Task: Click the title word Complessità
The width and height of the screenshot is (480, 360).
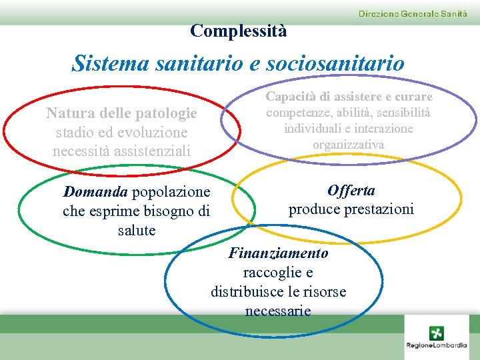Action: point(238,31)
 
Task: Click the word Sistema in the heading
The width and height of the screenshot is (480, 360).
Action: point(111,64)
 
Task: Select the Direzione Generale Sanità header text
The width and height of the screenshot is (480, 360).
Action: point(413,13)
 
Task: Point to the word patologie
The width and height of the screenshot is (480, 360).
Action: point(167,113)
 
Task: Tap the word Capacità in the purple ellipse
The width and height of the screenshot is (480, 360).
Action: point(291,97)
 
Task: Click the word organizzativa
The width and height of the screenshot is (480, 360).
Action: point(349,144)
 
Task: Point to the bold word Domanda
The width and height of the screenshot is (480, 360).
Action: point(95,192)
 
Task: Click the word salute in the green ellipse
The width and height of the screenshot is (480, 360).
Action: point(136,231)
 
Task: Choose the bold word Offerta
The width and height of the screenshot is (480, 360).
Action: point(351,191)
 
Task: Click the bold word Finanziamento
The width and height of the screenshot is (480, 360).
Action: point(278,253)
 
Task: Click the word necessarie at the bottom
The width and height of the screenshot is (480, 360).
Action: point(278,311)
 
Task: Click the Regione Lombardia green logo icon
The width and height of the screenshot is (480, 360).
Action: point(437,333)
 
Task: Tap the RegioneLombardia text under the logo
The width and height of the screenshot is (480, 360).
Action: point(437,345)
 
